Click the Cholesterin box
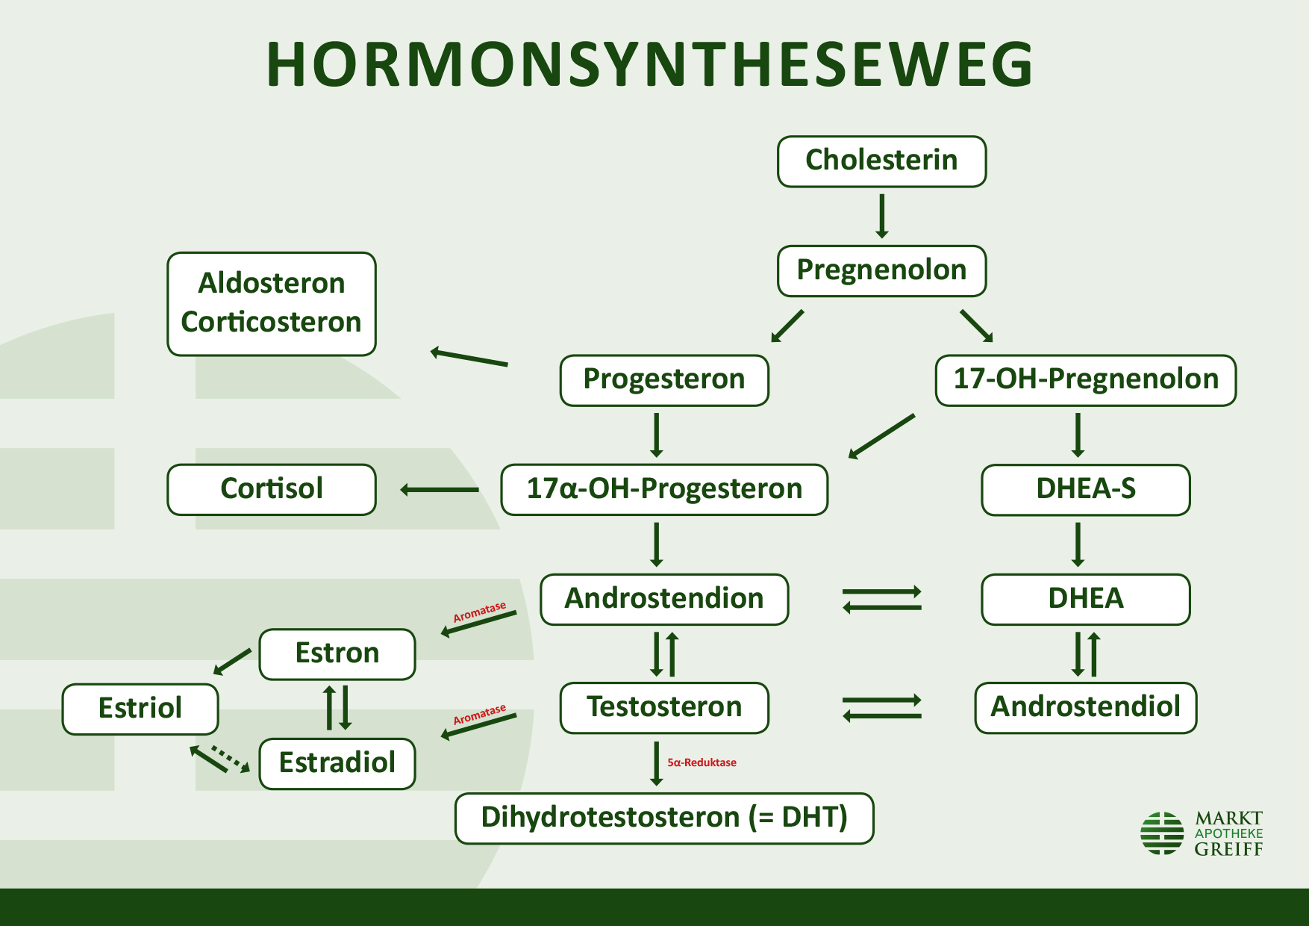881,161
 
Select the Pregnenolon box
881,270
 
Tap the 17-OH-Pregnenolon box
1085,380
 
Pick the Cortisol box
272,489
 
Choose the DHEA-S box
1085,489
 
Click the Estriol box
140,709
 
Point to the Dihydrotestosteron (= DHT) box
664,818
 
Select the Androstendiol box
1085,707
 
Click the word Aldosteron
272,284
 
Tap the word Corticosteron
272,323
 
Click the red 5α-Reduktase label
702,762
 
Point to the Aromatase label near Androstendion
479,612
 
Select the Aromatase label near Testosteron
479,714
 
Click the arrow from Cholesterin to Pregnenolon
881,216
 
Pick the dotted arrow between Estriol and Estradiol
231,757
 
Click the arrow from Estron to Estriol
233,661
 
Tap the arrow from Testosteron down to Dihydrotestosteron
656,763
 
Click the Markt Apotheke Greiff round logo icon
1162,833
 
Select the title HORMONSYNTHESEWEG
649,65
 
